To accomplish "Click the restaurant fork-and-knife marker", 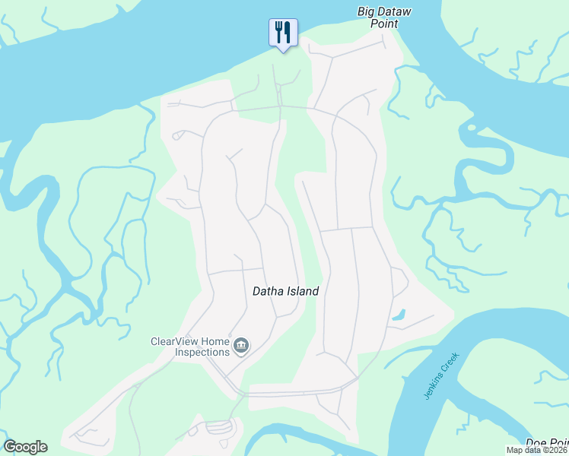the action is tap(283, 32).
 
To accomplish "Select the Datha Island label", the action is tap(285, 291).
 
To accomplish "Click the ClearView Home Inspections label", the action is tap(191, 347).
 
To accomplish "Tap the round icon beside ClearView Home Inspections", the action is tap(241, 346).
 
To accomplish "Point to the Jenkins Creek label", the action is tap(441, 376).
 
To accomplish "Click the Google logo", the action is tap(25, 447).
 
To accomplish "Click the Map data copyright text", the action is tap(537, 450).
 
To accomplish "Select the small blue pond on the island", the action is tap(398, 314).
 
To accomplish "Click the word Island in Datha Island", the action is tap(304, 291).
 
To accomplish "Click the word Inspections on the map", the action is tap(202, 352).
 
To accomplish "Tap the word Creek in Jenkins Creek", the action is tap(453, 360).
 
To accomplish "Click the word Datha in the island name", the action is tap(268, 291).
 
